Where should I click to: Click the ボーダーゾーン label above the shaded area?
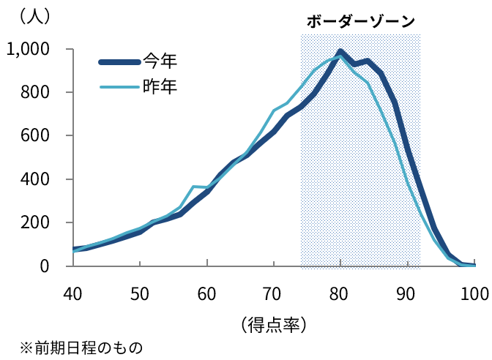360,21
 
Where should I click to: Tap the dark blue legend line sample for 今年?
120,61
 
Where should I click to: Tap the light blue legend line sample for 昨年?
120,88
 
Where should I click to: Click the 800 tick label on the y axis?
34,93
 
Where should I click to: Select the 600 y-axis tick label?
34,136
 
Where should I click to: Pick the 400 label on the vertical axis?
34,179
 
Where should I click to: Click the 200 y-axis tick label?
34,222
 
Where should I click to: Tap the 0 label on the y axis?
45,266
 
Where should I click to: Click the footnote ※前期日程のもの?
81,346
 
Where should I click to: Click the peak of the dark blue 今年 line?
340,51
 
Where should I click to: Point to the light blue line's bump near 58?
194,187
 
